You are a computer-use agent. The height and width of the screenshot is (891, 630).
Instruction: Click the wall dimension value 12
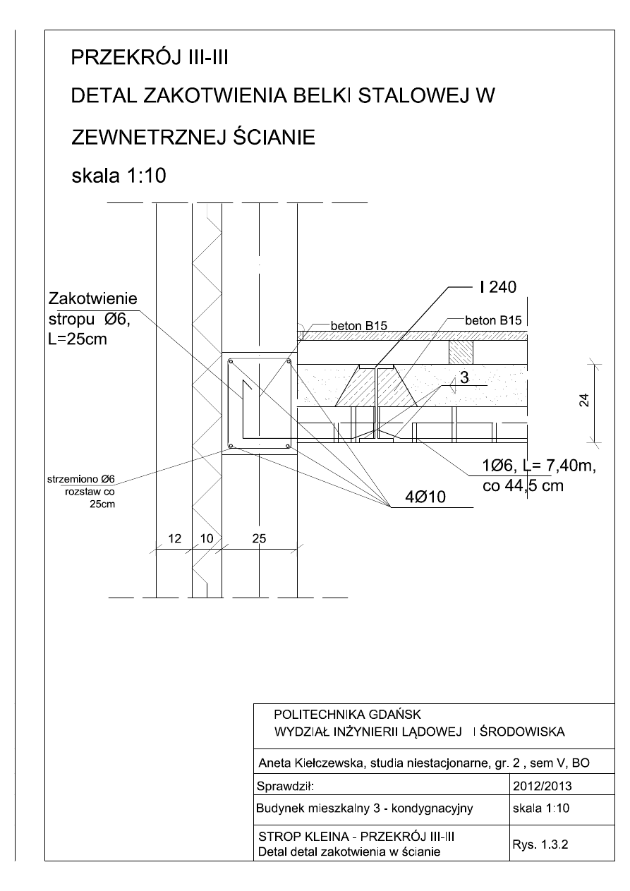tap(174, 538)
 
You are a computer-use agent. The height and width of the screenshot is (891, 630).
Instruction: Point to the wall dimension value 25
tap(259, 538)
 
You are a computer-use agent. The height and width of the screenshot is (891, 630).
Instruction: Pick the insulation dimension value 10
tap(206, 538)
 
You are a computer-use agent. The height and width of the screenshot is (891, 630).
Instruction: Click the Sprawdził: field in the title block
tap(284, 784)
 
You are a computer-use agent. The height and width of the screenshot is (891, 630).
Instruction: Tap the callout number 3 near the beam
tap(464, 378)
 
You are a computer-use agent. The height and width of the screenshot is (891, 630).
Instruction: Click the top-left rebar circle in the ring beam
tap(231, 362)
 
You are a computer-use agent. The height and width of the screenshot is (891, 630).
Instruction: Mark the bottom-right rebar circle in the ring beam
tap(288, 446)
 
